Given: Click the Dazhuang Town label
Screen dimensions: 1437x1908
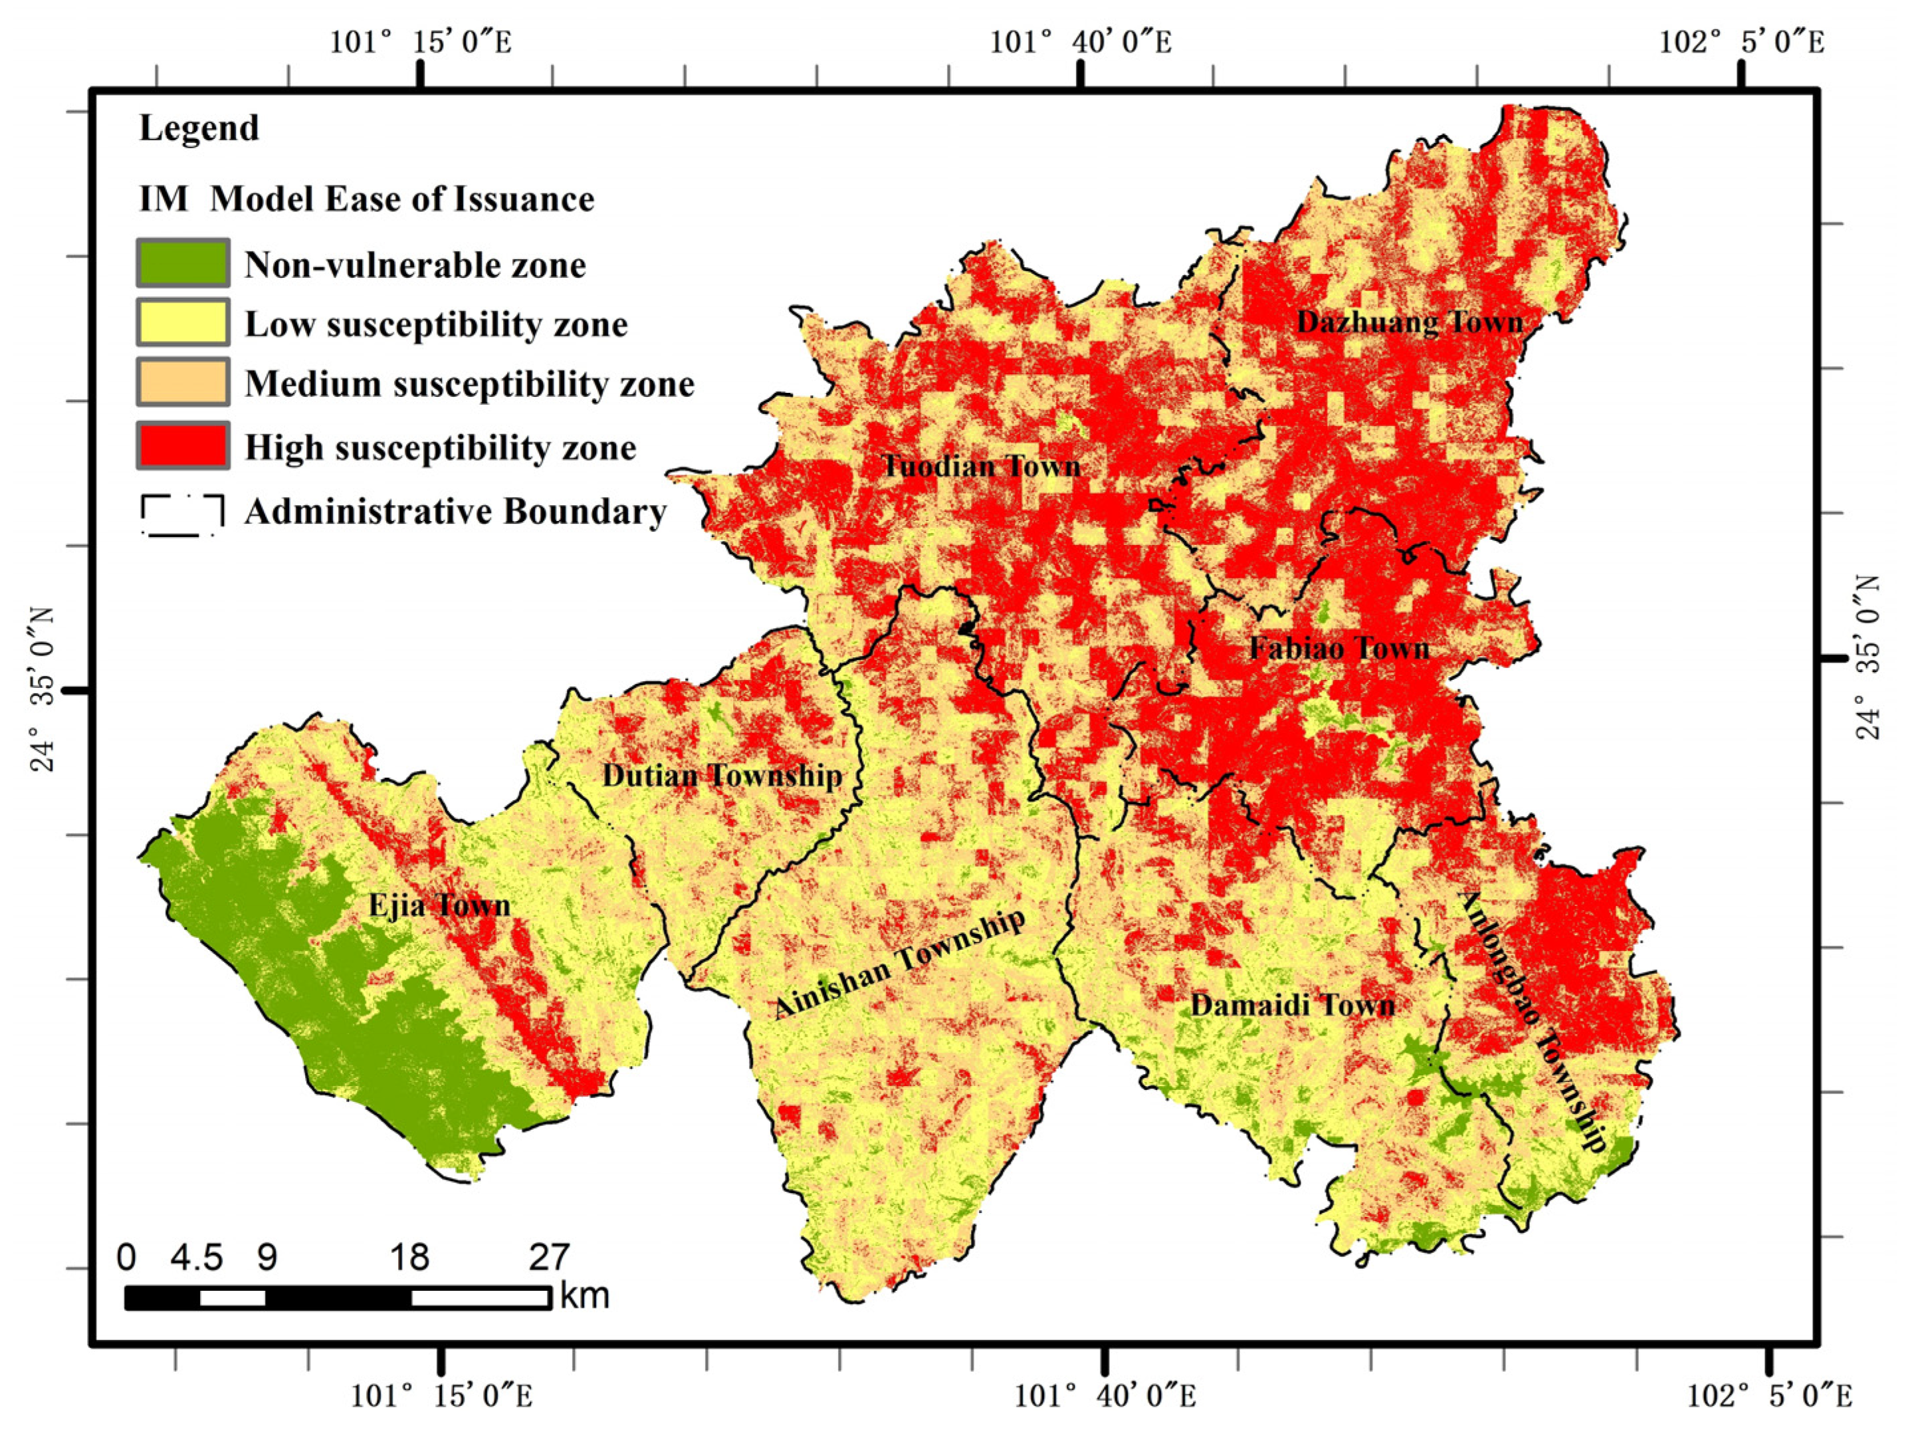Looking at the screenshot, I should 1410,322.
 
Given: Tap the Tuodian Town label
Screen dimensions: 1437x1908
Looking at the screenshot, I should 981,467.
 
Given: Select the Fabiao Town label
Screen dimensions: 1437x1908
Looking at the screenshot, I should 1338,649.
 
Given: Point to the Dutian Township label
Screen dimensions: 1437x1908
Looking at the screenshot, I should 722,776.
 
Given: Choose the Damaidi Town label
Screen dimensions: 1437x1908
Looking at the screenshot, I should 1292,1005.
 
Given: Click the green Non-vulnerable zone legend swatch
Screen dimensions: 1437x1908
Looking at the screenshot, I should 183,263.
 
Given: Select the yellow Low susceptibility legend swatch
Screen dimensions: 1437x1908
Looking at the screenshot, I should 183,322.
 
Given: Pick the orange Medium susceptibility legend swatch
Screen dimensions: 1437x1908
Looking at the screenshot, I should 183,382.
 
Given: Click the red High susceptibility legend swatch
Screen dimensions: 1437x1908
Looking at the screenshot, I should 183,446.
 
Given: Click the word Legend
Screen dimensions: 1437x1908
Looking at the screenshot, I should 199,128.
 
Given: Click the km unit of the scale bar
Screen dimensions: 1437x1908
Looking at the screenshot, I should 584,1295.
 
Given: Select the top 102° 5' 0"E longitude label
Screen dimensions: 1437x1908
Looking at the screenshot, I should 1742,41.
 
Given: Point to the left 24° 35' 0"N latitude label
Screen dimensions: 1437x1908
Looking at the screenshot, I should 43,689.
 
